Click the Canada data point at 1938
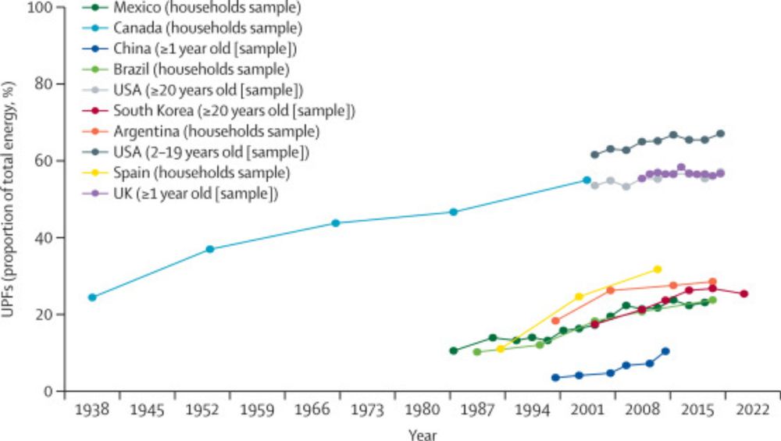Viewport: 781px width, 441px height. pyautogui.click(x=92, y=297)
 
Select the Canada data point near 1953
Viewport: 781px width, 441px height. pyautogui.click(x=210, y=249)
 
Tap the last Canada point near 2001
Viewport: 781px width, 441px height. pyautogui.click(x=587, y=180)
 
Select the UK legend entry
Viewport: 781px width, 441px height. pyautogui.click(x=189, y=192)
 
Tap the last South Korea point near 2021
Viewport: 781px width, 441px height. pyautogui.click(x=744, y=294)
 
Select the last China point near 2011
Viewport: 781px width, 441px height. pyautogui.click(x=665, y=351)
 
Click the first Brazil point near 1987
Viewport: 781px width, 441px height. pyautogui.click(x=477, y=352)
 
